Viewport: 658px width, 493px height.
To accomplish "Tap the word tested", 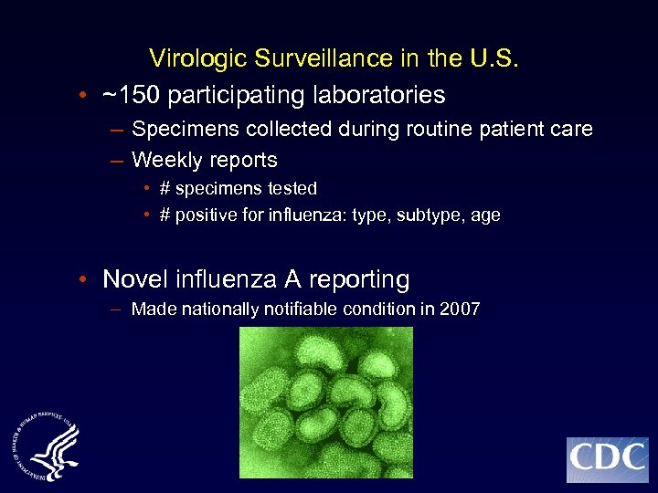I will click(287, 189).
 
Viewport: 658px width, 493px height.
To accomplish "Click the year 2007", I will click(460, 309).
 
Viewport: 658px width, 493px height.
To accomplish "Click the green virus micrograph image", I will click(326, 403).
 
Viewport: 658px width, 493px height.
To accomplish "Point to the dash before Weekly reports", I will click(116, 161).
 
